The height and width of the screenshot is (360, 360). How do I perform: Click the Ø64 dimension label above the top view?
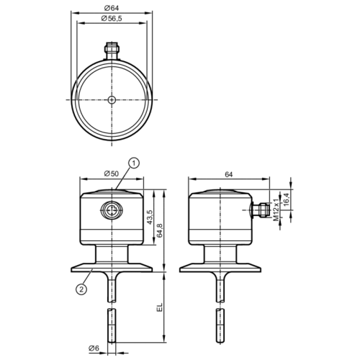(112, 8)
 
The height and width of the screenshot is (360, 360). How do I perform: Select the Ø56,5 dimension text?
(112, 19)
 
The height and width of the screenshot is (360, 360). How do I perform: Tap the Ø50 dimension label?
(112, 174)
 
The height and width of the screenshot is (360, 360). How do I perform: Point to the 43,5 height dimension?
(150, 217)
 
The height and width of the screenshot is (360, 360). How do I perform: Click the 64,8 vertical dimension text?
(160, 230)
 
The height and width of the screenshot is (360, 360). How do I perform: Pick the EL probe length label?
(160, 307)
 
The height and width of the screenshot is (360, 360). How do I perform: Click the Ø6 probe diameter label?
(94, 348)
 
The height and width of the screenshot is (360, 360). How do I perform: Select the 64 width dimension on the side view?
(229, 174)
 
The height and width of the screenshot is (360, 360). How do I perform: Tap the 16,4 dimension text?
(287, 199)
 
